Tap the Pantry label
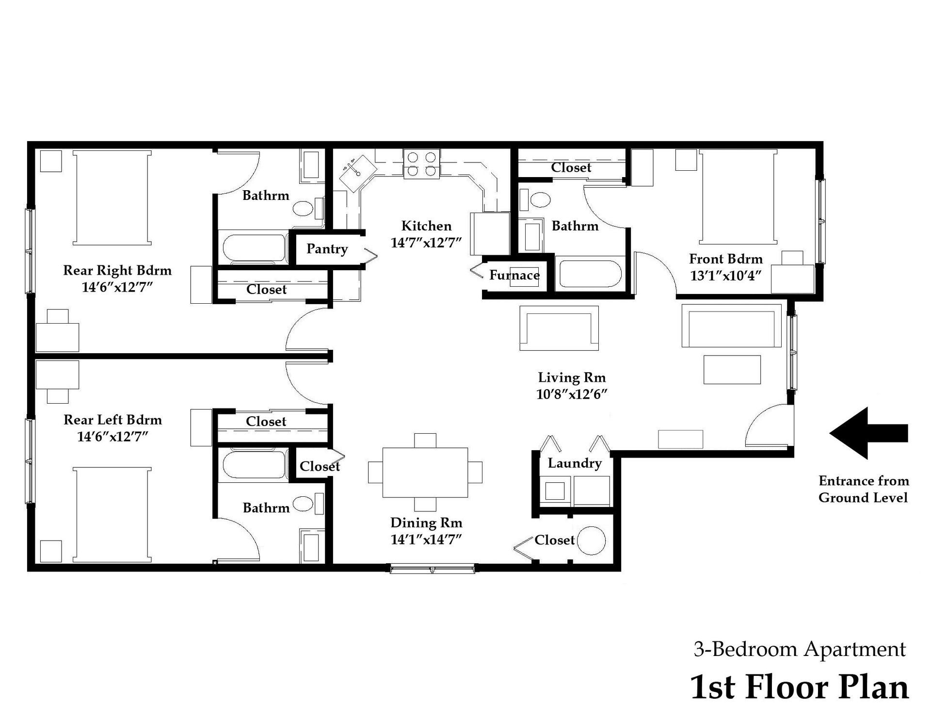pos(327,249)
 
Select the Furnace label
pos(514,275)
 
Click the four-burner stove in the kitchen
pos(421,164)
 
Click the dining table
pos(425,473)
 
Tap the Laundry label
pos(575,463)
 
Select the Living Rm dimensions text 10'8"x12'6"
pos(572,394)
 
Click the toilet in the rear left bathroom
pos(304,504)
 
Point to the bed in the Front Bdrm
pos(738,197)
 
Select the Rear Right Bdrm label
pos(117,270)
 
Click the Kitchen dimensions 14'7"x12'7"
pos(426,243)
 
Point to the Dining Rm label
pos(426,523)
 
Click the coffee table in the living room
pos(732,370)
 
